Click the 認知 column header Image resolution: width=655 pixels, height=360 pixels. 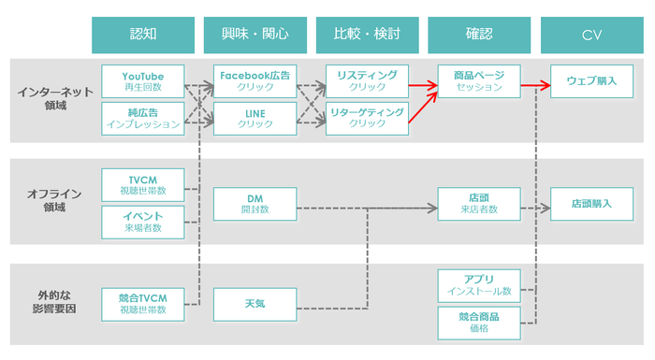[143, 35]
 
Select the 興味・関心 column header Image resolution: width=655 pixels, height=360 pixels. [255, 35]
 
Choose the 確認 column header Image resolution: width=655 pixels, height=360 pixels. [479, 35]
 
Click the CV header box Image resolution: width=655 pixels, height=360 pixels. [591, 35]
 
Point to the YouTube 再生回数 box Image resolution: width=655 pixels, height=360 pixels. [142, 81]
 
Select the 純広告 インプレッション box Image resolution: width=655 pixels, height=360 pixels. [142, 118]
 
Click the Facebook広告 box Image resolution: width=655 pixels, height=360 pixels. [255, 81]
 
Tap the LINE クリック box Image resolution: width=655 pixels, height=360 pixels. [255, 118]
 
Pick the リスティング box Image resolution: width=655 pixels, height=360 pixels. [367, 81]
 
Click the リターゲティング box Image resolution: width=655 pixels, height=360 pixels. [367, 118]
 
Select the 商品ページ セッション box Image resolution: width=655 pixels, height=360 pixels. [479, 81]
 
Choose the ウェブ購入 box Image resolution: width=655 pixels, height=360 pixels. [591, 81]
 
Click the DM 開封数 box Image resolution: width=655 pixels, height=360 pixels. [255, 204]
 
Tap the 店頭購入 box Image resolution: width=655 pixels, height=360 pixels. [591, 204]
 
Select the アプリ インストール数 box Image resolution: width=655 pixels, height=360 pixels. [479, 284]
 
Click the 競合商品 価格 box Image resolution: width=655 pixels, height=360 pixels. [479, 323]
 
